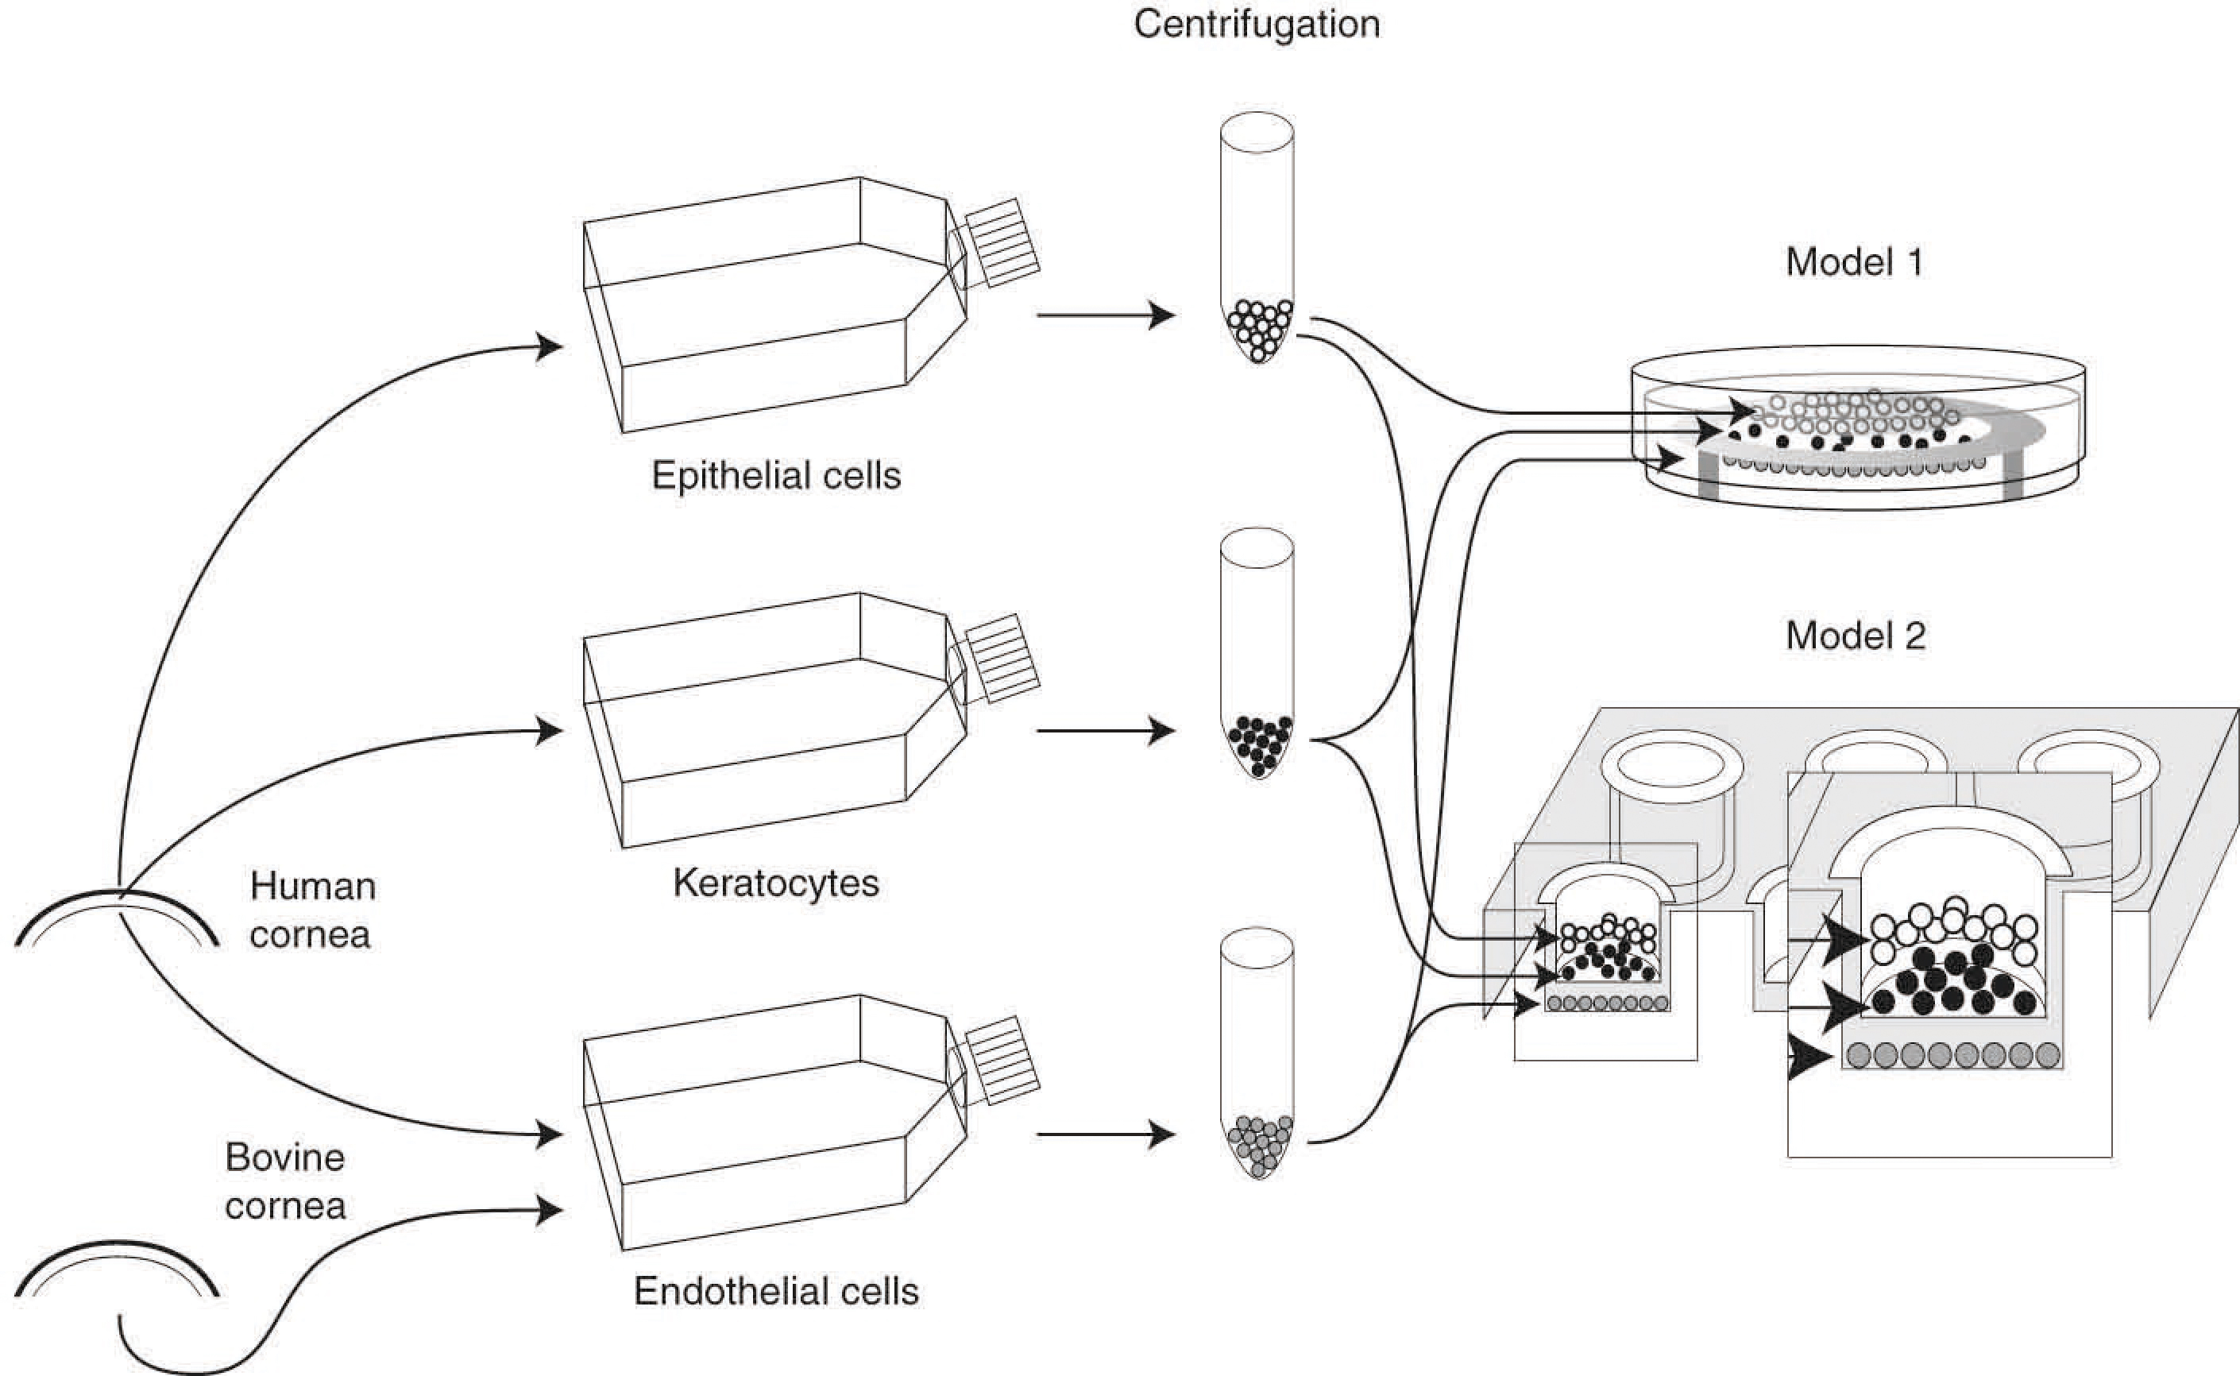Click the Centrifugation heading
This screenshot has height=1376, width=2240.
(x=1257, y=25)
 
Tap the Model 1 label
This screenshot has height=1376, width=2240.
(x=1854, y=262)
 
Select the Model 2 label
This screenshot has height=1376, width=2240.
(x=1855, y=636)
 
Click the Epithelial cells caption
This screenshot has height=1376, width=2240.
(x=776, y=476)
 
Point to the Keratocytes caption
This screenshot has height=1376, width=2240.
(x=776, y=883)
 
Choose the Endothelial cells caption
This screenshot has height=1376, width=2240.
(x=776, y=1291)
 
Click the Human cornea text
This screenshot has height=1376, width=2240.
(x=311, y=910)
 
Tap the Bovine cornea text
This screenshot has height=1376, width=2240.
(x=285, y=1181)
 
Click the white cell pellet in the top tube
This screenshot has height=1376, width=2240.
(x=1258, y=330)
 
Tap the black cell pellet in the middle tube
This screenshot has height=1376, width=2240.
(x=1258, y=745)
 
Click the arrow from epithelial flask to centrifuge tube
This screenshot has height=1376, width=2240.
(x=1106, y=315)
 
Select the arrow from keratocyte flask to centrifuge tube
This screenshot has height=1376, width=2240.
(x=1106, y=731)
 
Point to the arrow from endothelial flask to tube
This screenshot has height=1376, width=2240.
(x=1106, y=1134)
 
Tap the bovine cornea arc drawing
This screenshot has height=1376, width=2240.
(x=117, y=1265)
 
